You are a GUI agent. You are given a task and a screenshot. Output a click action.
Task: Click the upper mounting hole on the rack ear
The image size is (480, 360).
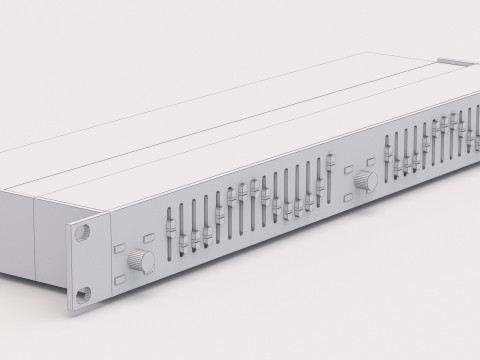[81, 228]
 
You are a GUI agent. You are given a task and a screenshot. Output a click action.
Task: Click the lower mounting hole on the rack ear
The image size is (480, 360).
[83, 292]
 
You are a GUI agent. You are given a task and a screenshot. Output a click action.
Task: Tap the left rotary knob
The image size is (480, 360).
[145, 262]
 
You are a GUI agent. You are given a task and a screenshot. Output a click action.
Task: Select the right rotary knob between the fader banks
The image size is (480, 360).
[365, 180]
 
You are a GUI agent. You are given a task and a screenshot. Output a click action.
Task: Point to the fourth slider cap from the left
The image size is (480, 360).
[207, 234]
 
